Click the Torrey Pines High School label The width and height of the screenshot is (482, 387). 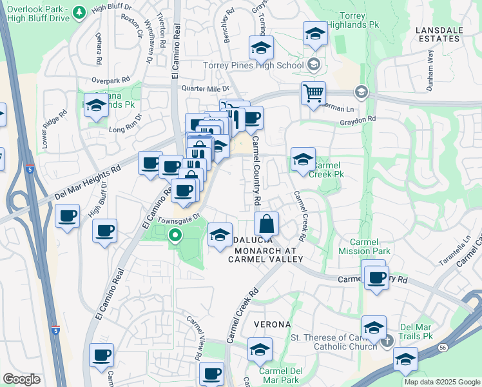point(253,65)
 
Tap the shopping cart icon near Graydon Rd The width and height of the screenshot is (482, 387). point(313,93)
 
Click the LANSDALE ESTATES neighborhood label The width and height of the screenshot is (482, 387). point(438,34)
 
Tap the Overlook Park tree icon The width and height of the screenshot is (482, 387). point(79,12)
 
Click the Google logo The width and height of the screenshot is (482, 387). point(21,379)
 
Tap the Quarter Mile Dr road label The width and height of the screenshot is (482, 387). point(206,88)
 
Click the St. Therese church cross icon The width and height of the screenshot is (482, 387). point(387,341)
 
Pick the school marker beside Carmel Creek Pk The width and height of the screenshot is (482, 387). point(303,159)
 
